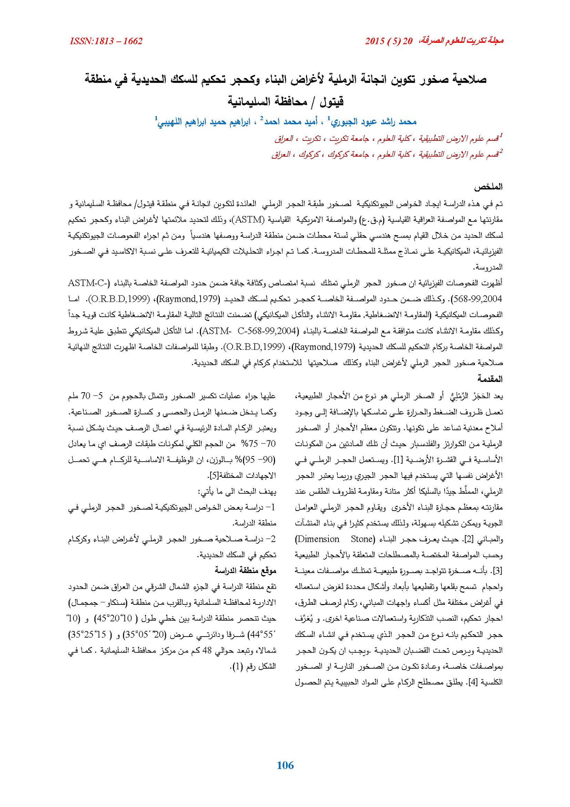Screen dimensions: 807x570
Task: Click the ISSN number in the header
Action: pos(106,41)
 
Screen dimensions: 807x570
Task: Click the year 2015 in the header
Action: pos(375,41)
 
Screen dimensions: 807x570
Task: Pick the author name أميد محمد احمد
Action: pos(292,122)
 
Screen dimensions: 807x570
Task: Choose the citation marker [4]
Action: pos(473,683)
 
